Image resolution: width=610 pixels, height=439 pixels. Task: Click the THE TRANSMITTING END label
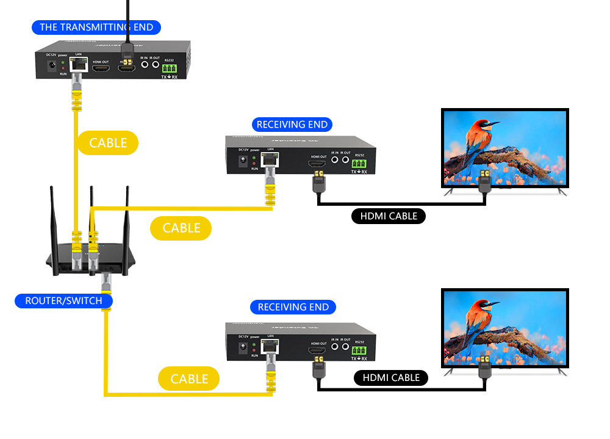pos(96,27)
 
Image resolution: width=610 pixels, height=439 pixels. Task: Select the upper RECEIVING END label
pos(292,125)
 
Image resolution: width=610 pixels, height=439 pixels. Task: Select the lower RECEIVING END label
pos(293,307)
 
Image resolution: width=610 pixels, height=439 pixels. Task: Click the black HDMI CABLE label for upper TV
pos(389,216)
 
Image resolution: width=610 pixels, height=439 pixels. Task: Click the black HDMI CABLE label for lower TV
pos(391,378)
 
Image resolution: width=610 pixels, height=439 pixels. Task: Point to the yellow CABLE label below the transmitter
pos(108,143)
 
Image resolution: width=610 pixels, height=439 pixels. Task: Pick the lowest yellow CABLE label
pos(189,379)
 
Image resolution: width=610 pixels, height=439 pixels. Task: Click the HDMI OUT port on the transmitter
pos(101,68)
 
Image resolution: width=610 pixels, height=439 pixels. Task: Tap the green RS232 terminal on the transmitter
pos(169,69)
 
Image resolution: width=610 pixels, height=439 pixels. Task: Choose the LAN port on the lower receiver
pos(270,346)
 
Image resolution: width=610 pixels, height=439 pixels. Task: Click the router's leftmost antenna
pos(54,214)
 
